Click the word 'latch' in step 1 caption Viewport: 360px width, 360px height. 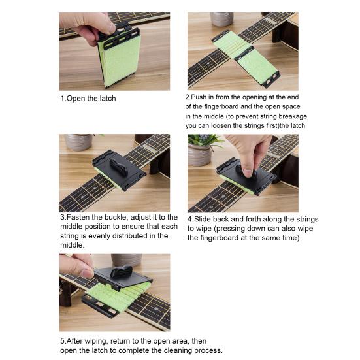tap(107, 99)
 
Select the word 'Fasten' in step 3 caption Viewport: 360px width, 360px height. tap(78, 217)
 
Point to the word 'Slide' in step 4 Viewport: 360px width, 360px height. tap(203, 219)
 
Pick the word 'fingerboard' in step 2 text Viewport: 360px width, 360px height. tap(221, 106)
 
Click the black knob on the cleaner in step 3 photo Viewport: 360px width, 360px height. tap(119, 167)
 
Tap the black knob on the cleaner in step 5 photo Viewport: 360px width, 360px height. tap(122, 271)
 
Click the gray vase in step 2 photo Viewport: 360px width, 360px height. tap(221, 20)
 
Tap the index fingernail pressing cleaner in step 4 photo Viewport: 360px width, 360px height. tap(247, 173)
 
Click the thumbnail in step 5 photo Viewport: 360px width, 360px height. tap(88, 273)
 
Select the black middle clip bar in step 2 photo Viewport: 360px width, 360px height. tap(243, 53)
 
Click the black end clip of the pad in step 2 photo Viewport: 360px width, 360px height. tap(271, 80)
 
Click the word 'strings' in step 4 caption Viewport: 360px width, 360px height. tap(307, 219)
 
